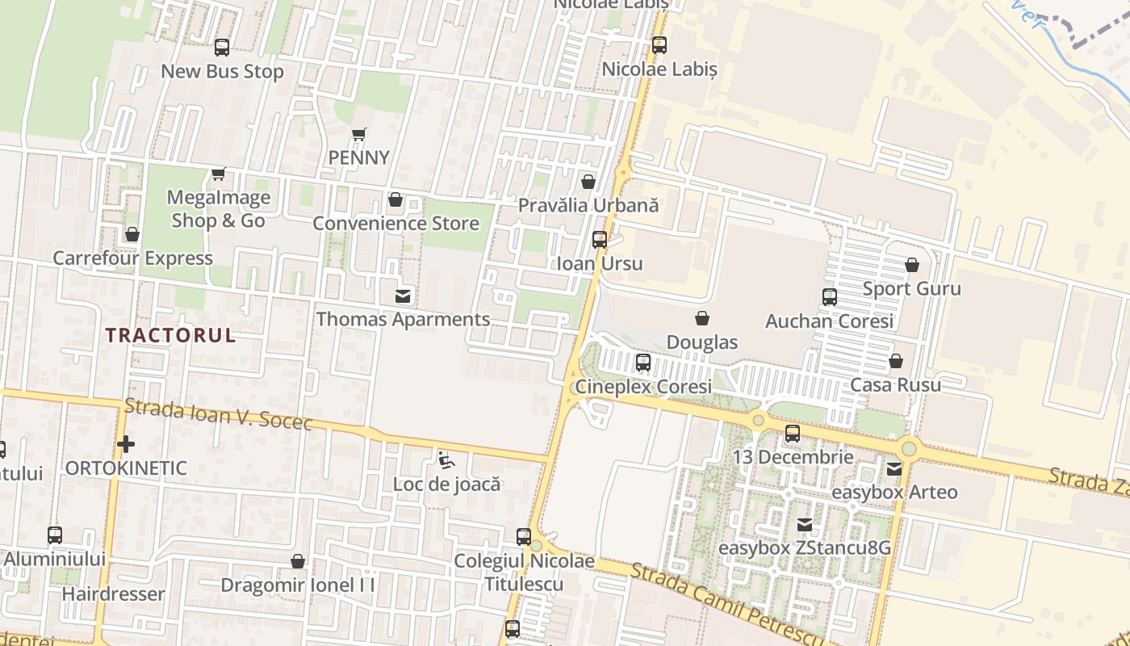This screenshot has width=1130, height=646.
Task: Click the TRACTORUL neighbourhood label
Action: (170, 335)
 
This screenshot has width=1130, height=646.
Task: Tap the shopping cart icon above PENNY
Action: (359, 134)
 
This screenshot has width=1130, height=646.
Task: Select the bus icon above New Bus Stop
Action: (222, 48)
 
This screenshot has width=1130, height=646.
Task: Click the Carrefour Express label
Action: (133, 258)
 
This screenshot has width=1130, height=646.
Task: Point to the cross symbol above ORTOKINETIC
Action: (126, 444)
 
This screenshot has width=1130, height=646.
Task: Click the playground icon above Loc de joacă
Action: (446, 460)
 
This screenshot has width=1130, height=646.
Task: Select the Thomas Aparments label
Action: (403, 319)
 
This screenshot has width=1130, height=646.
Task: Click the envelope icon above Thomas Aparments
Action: (402, 296)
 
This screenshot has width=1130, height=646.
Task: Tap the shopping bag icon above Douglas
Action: (702, 318)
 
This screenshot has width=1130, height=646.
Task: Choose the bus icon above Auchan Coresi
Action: (829, 297)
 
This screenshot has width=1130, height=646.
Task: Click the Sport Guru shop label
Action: (911, 288)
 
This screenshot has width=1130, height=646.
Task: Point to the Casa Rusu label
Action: (895, 384)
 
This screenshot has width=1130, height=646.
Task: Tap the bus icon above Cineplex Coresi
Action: (642, 363)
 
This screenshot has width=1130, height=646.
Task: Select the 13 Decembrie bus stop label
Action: (793, 457)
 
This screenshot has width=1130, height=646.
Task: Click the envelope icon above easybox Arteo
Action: (894, 468)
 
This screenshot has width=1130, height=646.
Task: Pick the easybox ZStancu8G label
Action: (805, 548)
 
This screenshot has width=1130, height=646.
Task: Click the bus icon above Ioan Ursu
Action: (599, 239)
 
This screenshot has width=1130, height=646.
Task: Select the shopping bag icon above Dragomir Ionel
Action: (298, 560)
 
